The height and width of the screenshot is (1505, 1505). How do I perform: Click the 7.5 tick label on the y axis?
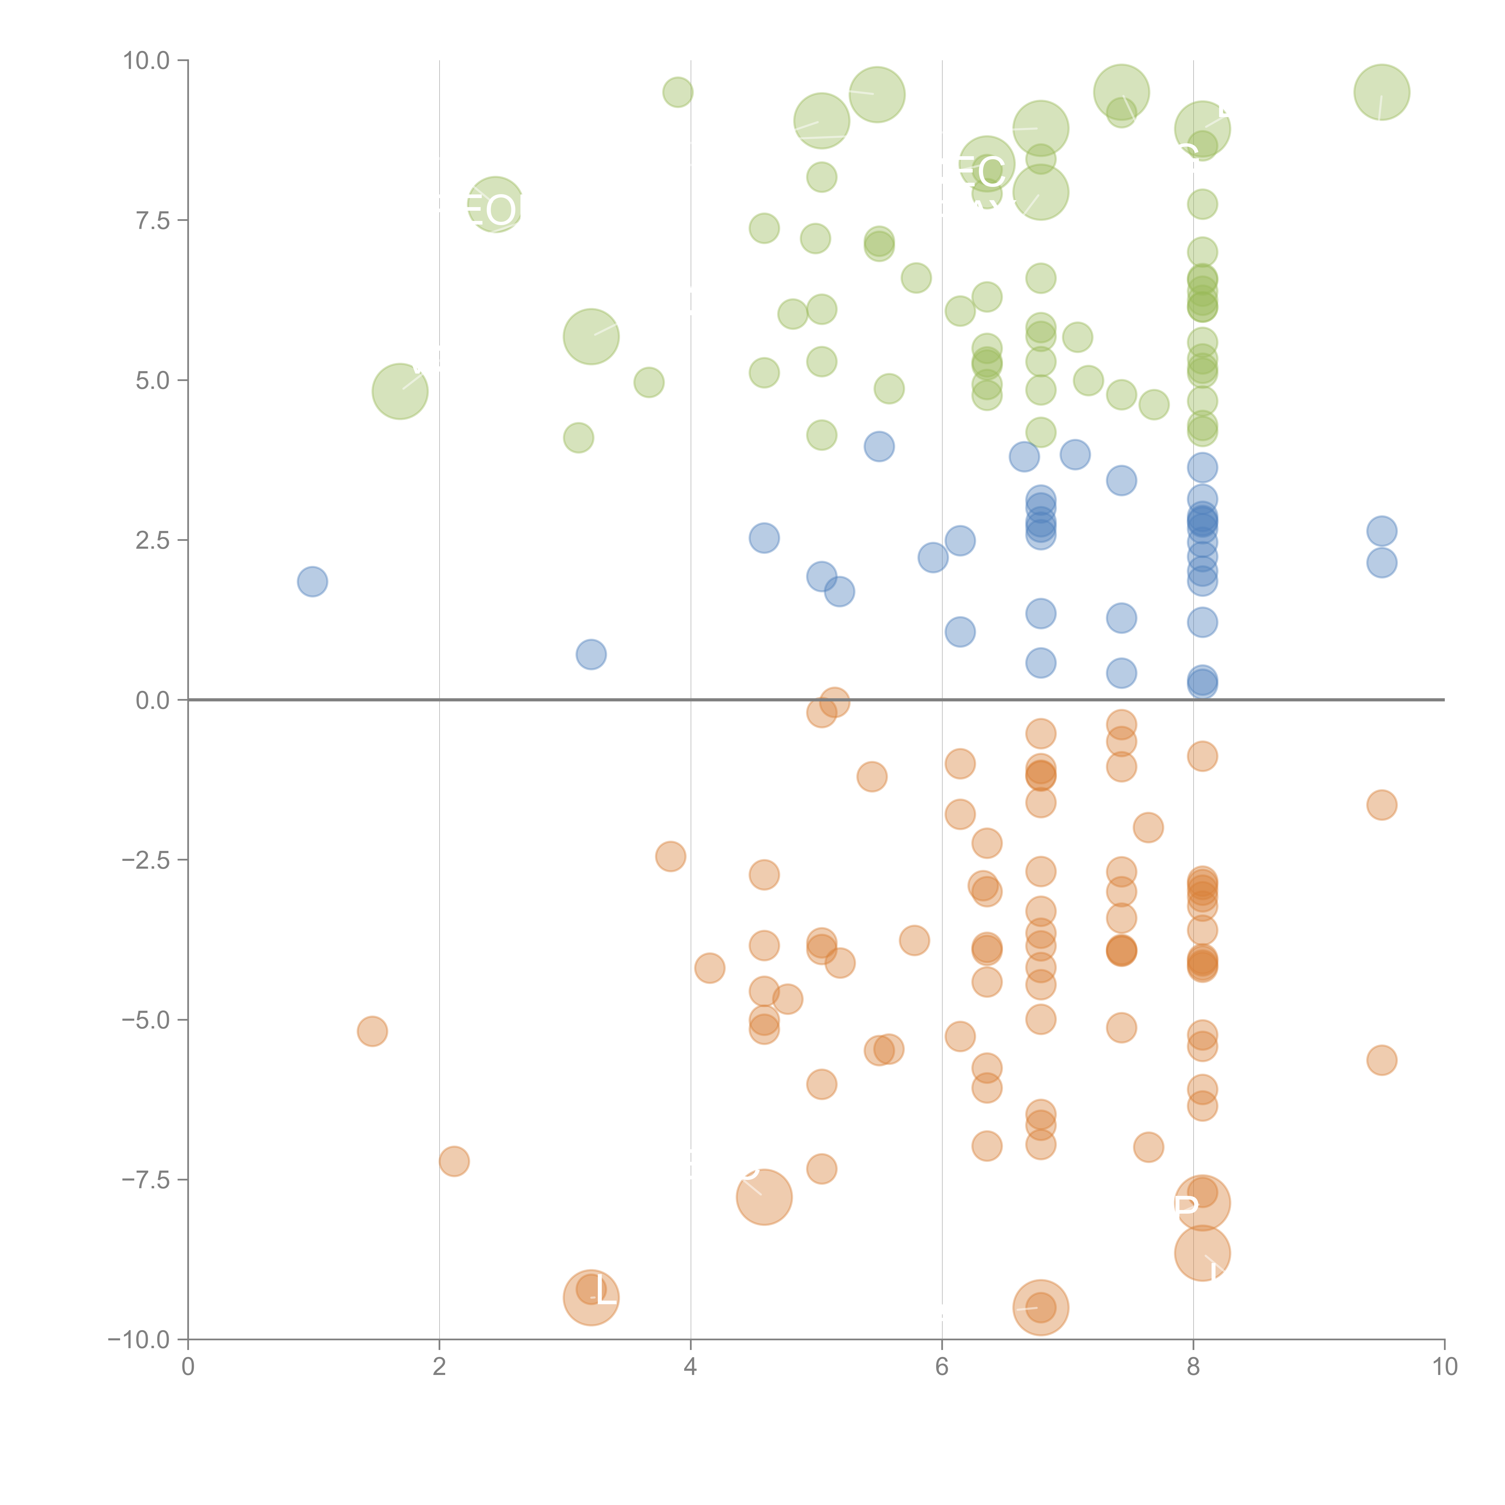[x=152, y=220]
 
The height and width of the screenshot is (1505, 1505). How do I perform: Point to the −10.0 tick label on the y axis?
[x=139, y=1340]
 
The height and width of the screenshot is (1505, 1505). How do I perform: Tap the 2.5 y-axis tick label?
[x=152, y=540]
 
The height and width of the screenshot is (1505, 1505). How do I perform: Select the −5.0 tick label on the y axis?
[x=146, y=1020]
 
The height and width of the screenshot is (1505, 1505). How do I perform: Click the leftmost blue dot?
[x=312, y=581]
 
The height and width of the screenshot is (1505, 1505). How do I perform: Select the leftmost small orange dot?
[x=372, y=1032]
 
